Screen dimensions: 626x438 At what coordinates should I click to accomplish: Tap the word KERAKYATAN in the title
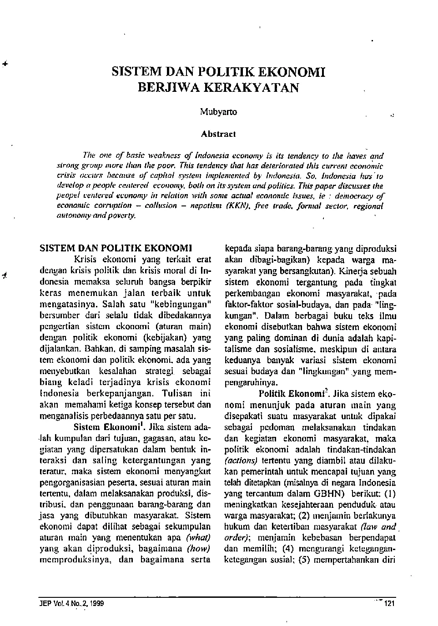[x=247, y=87]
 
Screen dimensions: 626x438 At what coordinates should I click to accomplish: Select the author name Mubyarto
[x=218, y=112]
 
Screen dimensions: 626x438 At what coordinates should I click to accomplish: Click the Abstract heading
[x=218, y=134]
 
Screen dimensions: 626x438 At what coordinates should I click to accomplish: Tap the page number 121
[x=390, y=604]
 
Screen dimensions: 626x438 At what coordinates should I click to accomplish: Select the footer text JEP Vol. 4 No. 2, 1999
[x=72, y=604]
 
